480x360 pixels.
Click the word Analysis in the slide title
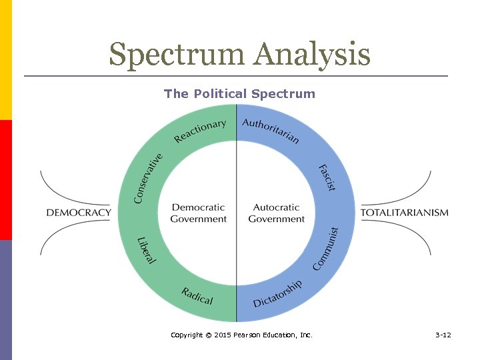[x=311, y=55]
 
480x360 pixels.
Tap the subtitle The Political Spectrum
[x=239, y=94]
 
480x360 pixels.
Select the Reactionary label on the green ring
[x=199, y=131]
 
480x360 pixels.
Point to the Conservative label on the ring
[x=148, y=178]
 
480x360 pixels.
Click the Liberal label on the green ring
[x=146, y=249]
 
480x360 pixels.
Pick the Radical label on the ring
[x=197, y=295]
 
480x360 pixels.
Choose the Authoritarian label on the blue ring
[x=271, y=131]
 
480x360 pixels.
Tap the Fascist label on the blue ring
[x=326, y=177]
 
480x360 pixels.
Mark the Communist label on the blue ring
[x=327, y=249]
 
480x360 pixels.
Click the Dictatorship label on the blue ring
[x=277, y=293]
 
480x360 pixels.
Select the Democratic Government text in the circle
[x=198, y=213]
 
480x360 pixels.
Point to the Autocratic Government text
[x=276, y=213]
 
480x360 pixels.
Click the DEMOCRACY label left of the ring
[x=79, y=213]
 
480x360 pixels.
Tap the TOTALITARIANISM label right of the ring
[x=404, y=213]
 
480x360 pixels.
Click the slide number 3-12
[x=443, y=335]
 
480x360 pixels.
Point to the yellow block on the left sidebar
[x=6, y=60]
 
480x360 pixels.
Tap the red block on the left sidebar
[x=6, y=180]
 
